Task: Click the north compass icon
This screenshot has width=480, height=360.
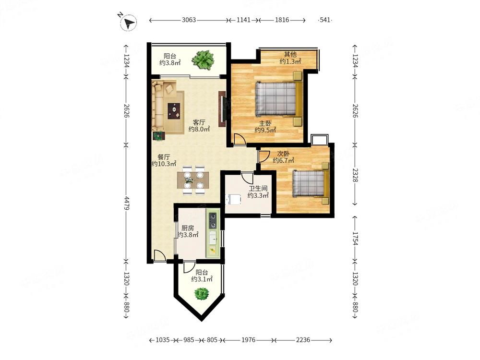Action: click(x=128, y=23)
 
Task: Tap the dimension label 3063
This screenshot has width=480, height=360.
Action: click(x=189, y=20)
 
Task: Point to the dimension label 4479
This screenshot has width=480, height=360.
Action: click(x=126, y=203)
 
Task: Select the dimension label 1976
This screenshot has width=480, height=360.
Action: click(x=248, y=340)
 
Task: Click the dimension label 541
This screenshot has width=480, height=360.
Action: click(x=325, y=20)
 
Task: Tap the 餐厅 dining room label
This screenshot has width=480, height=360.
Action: click(x=164, y=157)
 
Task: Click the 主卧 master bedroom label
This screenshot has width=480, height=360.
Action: click(x=265, y=124)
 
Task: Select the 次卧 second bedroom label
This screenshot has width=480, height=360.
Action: click(x=283, y=154)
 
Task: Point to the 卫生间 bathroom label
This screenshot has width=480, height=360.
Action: click(x=258, y=189)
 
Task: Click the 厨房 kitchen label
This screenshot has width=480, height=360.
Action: click(x=188, y=228)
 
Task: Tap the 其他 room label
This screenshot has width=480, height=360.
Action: click(x=290, y=55)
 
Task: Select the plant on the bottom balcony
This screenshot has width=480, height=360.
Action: click(x=202, y=294)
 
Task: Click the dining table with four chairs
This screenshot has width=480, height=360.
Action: click(x=193, y=180)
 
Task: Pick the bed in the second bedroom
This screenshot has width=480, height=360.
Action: click(x=311, y=183)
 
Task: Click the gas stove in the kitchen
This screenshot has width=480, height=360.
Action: click(x=213, y=221)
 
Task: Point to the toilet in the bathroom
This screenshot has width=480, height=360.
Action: click(x=233, y=200)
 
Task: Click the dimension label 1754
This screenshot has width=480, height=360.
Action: click(x=355, y=239)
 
